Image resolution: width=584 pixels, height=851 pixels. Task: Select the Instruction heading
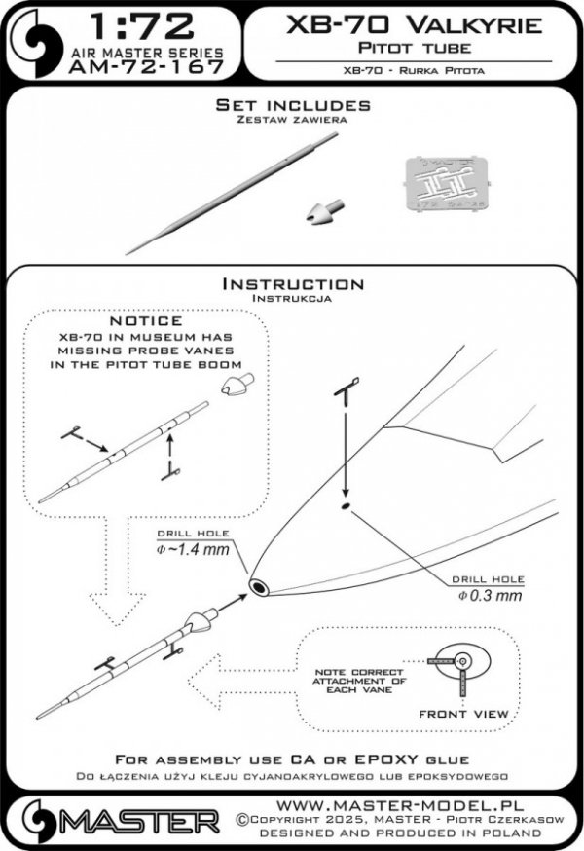[292, 284]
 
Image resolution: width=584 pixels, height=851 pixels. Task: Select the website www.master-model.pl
[408, 807]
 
